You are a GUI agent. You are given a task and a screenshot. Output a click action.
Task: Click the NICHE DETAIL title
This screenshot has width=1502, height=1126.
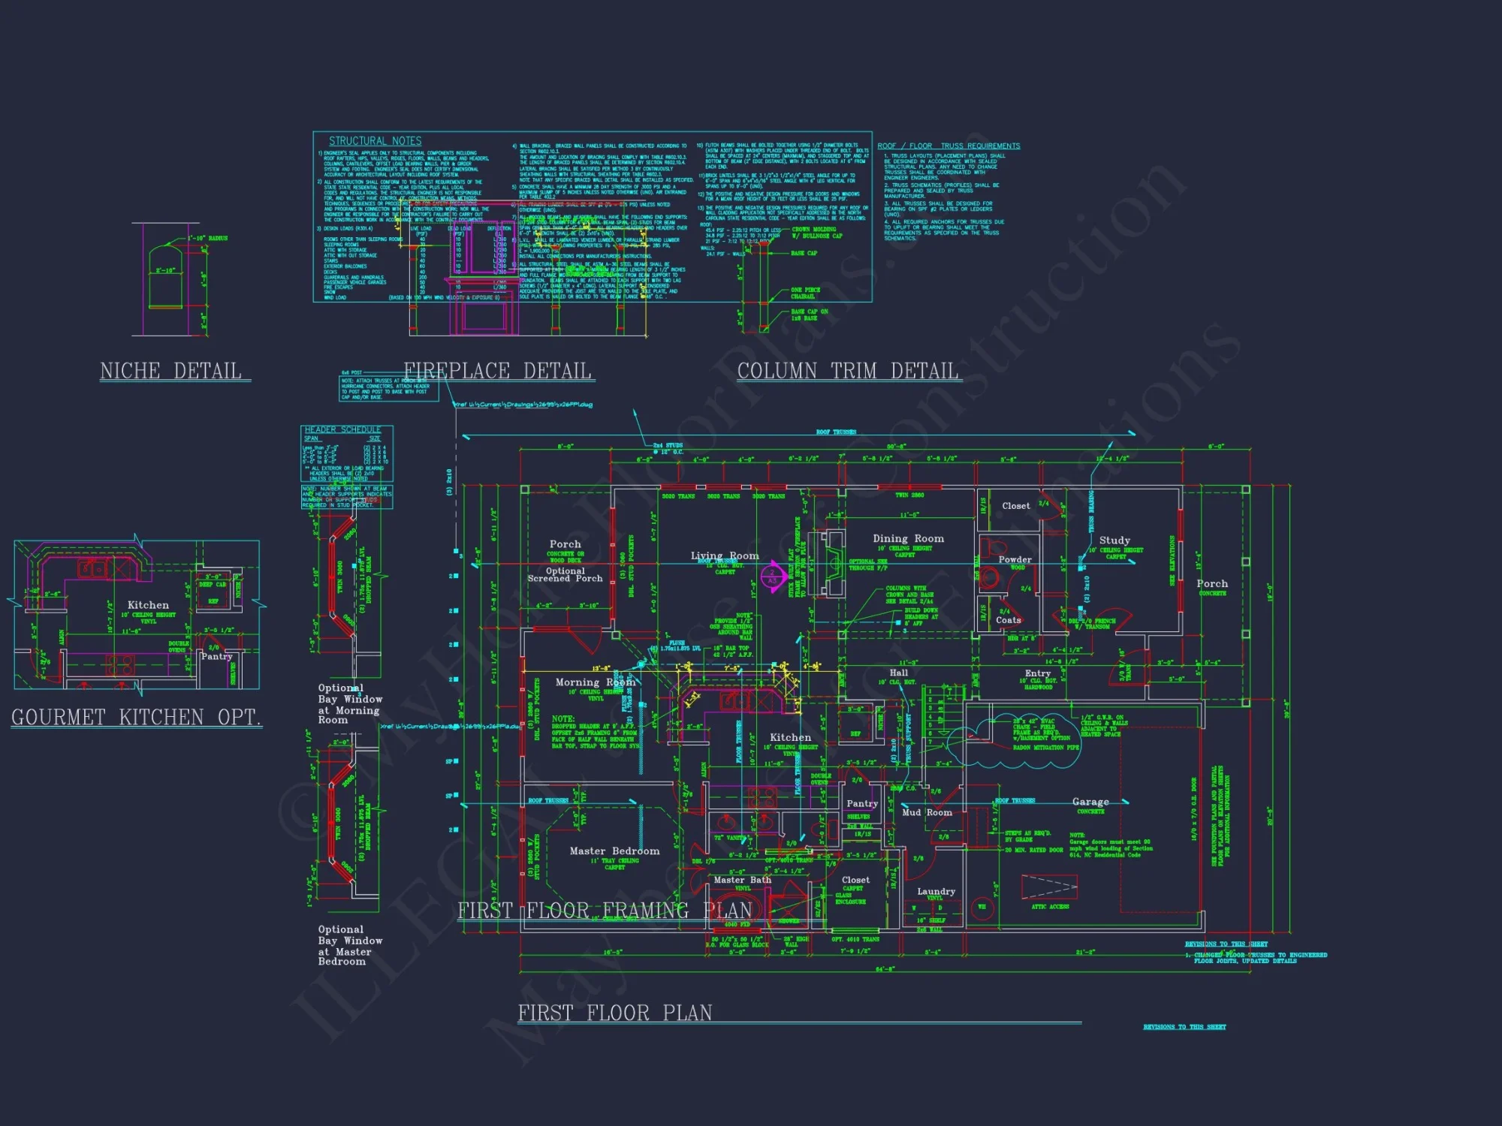point(171,371)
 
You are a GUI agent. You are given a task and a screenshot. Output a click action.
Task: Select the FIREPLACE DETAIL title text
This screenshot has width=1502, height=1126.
point(497,371)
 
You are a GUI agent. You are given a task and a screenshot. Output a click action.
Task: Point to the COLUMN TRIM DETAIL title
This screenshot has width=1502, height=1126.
point(848,371)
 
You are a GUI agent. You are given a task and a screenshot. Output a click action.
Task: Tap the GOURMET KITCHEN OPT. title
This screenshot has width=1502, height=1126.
point(136,717)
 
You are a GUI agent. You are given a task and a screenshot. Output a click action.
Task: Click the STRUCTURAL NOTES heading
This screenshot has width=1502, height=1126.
point(375,141)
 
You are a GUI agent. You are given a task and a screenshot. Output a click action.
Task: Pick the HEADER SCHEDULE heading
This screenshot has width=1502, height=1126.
point(342,429)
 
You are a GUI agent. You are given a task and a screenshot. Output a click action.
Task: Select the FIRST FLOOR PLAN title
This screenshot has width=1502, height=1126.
point(615,1013)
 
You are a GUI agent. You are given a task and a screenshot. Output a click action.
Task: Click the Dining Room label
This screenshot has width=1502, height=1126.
point(908,539)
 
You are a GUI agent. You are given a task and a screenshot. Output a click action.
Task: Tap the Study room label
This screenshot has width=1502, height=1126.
point(1114,540)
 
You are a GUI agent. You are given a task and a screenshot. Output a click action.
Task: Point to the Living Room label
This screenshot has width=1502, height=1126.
point(725,555)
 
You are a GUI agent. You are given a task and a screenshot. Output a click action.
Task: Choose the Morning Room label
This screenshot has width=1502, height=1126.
point(595,682)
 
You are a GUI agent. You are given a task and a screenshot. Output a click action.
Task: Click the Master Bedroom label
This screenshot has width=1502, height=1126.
point(614,851)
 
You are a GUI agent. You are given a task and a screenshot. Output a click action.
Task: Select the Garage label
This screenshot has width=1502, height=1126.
point(1090,802)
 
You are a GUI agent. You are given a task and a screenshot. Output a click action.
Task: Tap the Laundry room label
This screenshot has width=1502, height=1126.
point(936,892)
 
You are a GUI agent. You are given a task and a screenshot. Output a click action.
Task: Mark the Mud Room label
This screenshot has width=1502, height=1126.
point(927,812)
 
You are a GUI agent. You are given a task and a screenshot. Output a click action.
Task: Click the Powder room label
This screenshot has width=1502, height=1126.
point(1015,559)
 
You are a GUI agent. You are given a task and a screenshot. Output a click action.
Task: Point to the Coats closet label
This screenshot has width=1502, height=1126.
point(1008,620)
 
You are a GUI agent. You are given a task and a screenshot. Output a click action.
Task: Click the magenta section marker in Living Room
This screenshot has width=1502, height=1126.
point(773,577)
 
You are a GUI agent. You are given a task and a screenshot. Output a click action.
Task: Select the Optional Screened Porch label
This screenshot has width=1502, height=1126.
point(565,574)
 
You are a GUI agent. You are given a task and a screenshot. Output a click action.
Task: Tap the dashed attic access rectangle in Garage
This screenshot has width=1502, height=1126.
point(1049,887)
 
